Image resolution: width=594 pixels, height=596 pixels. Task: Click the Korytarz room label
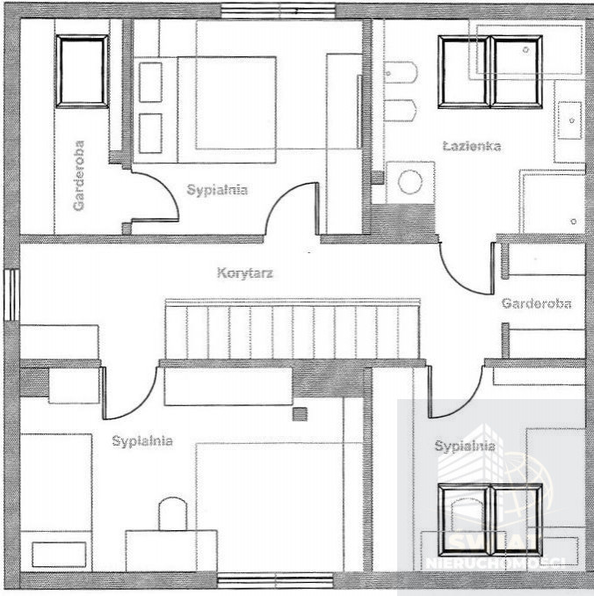(245, 273)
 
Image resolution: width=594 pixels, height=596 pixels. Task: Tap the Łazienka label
(472, 146)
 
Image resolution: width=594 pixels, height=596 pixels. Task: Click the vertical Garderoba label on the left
(79, 175)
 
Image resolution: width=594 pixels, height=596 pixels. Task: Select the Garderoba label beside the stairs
(536, 303)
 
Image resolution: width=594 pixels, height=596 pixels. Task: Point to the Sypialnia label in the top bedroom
(217, 190)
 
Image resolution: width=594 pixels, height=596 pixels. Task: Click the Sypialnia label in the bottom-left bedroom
(142, 441)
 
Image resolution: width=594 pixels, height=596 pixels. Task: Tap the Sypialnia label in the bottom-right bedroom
(465, 446)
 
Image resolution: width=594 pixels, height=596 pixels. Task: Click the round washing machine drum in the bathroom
(410, 182)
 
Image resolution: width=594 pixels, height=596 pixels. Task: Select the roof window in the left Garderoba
(82, 71)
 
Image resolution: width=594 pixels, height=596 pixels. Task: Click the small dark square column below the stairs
(300, 414)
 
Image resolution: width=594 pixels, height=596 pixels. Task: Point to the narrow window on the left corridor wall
(11, 295)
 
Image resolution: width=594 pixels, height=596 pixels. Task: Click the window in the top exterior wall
(279, 11)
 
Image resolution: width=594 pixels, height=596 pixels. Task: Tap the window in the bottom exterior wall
(276, 580)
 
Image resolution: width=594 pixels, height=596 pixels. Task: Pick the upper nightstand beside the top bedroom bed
(150, 82)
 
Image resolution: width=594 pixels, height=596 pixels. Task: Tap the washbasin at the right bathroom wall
(569, 120)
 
